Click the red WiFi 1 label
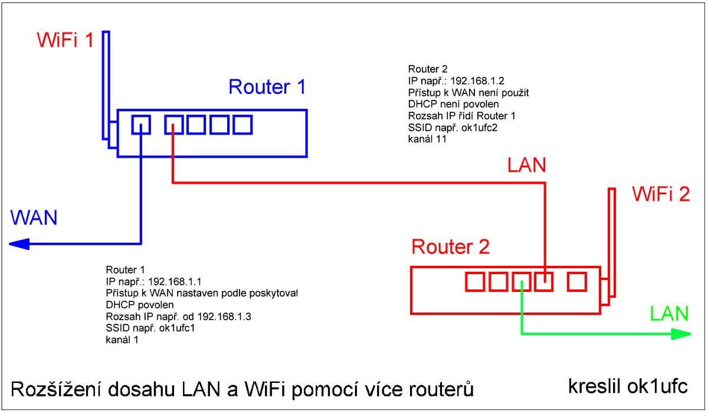pyautogui.click(x=65, y=40)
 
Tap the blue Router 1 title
pyautogui.click(x=267, y=87)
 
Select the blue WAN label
pyautogui.click(x=34, y=217)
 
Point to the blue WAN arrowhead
pyautogui.click(x=19, y=243)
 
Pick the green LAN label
pyautogui.click(x=669, y=313)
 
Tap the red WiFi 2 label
pyautogui.click(x=661, y=194)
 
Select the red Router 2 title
pyautogui.click(x=451, y=246)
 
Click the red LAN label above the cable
pyautogui.click(x=527, y=165)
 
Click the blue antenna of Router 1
pyautogui.click(x=106, y=83)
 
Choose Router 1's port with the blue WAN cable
pyautogui.click(x=141, y=125)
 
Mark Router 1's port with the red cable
pyautogui.click(x=173, y=125)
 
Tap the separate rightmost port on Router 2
pyautogui.click(x=576, y=281)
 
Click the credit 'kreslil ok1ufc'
pyautogui.click(x=627, y=386)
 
